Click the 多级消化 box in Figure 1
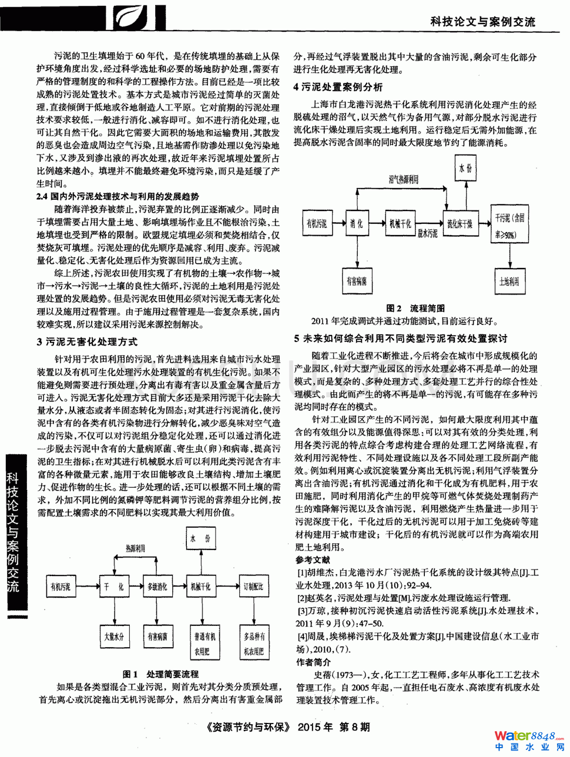[157, 587]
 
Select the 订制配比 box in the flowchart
[253, 587]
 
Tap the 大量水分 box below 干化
[114, 637]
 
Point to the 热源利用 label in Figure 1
[135, 548]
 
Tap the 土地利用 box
[509, 281]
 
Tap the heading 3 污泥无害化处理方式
[87, 341]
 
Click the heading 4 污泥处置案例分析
[338, 87]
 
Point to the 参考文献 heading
[313, 560]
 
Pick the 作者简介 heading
[313, 662]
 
